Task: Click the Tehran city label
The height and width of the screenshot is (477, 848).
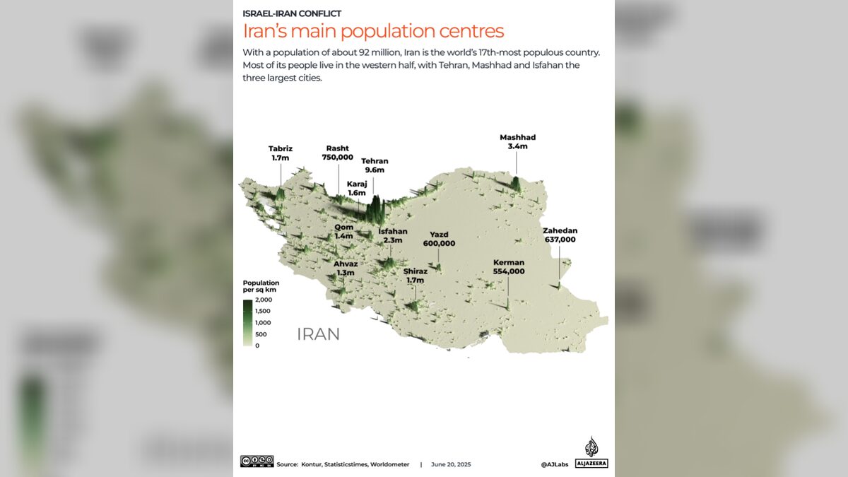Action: tap(375, 161)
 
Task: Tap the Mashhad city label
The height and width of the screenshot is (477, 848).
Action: tap(518, 137)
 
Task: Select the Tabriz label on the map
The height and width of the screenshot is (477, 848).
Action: tap(281, 149)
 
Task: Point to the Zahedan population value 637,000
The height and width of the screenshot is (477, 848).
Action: tap(560, 240)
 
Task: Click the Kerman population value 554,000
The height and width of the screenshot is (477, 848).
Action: tap(509, 271)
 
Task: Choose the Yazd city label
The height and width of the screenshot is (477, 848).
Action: tap(439, 235)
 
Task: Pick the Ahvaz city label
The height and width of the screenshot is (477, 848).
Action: tap(346, 264)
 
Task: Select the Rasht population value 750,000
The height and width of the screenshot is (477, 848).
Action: tap(337, 158)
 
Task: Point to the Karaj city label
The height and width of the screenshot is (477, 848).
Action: tap(357, 184)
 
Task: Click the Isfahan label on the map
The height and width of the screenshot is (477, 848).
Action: tap(393, 231)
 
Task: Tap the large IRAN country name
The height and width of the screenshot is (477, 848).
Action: tap(318, 334)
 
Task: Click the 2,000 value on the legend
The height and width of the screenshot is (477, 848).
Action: tap(262, 300)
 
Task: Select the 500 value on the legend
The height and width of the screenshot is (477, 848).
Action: tap(261, 334)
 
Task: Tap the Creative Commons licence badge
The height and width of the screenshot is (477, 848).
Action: tap(257, 461)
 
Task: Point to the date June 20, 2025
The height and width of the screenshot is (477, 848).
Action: tap(450, 464)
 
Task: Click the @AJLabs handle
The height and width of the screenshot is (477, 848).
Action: tap(555, 464)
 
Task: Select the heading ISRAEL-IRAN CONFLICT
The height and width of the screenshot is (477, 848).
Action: tap(292, 13)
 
